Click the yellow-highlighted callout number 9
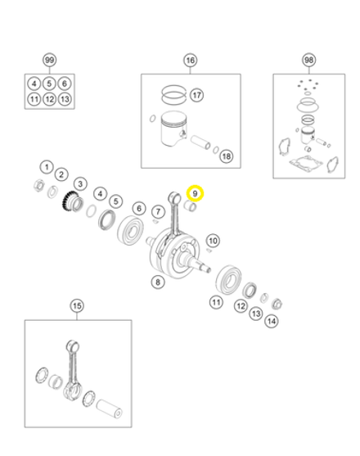(x=195, y=193)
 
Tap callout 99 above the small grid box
(x=49, y=61)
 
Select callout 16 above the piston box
(x=191, y=61)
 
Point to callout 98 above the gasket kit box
(x=308, y=60)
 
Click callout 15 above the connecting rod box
(x=77, y=306)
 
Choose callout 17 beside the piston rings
(x=196, y=95)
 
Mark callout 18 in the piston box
(x=227, y=156)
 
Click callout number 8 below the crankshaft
(x=158, y=282)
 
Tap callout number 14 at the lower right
(x=272, y=321)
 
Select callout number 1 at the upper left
(x=47, y=167)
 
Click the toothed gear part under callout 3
(x=73, y=201)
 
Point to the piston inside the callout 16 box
(x=173, y=129)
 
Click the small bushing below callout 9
(x=191, y=206)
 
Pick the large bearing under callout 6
(x=130, y=230)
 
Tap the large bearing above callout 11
(x=228, y=279)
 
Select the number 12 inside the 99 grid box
(x=49, y=99)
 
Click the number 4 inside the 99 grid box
(x=34, y=84)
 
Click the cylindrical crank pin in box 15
(x=109, y=409)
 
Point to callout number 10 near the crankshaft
(x=213, y=241)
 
